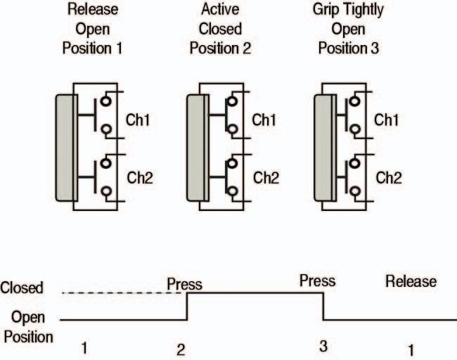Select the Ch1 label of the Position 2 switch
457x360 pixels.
tap(266, 120)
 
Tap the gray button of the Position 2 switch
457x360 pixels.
tap(196, 147)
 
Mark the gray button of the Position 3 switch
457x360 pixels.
tap(323, 147)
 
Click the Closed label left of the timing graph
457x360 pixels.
tap(22, 287)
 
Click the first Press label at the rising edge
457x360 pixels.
tap(184, 285)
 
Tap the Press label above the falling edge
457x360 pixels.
tap(317, 281)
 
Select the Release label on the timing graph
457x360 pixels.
tap(411, 281)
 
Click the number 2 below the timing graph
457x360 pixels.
tap(181, 347)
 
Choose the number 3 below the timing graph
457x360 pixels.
tap(323, 346)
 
